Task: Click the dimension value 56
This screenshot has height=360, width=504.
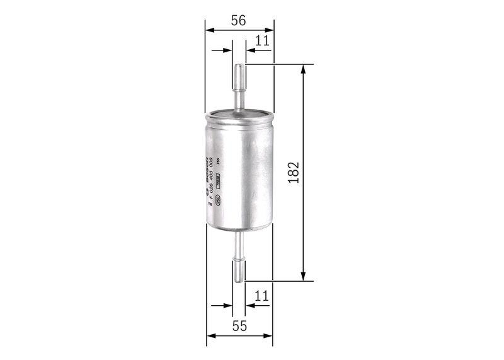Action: [x=238, y=21]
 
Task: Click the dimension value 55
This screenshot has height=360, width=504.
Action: [x=239, y=326]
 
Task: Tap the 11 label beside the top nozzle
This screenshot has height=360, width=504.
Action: [x=262, y=41]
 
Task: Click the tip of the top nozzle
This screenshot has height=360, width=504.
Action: [x=239, y=66]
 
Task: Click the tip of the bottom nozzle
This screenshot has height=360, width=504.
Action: [x=239, y=280]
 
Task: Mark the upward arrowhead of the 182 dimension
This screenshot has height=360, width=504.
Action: [x=304, y=68]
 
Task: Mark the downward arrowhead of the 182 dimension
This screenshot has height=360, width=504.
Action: [x=304, y=277]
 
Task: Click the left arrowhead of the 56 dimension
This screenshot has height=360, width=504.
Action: [x=210, y=29]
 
